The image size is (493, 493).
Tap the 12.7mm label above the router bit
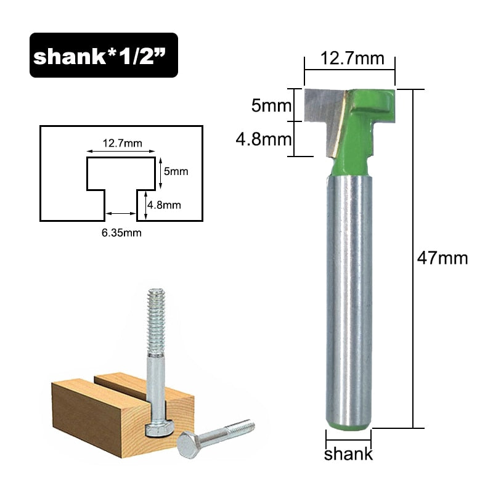[349, 59]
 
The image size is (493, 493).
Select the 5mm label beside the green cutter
[271, 106]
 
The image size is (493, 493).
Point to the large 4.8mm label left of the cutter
[264, 139]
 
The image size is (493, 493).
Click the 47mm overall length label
[442, 258]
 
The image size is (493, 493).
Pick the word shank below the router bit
[349, 455]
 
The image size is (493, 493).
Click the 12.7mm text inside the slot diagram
[122, 144]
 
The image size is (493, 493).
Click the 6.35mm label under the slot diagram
[121, 232]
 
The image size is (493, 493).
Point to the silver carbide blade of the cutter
[327, 114]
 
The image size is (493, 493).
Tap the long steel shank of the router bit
[349, 296]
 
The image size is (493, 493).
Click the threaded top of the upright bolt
[155, 317]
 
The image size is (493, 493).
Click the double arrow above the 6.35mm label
[121, 213]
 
